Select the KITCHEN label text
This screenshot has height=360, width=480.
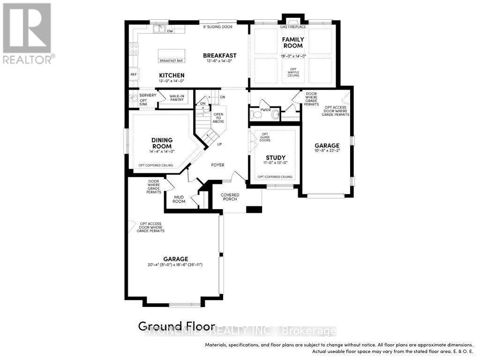pos(171,75)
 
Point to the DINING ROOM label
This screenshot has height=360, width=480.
pos(162,143)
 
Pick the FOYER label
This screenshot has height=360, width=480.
pos(217,165)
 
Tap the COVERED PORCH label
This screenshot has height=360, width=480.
pos(230,197)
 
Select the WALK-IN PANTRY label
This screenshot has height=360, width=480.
pos(176,97)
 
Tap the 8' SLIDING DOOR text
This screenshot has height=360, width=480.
pos(217,27)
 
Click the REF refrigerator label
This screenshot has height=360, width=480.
pos(134,74)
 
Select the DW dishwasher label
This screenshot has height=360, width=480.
pos(170,31)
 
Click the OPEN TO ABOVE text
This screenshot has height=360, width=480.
pos(218,118)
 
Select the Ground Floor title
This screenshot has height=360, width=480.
pos(176,326)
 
